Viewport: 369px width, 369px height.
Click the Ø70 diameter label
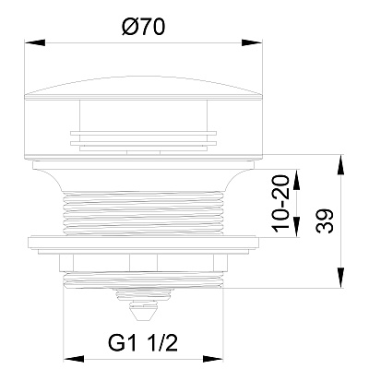(x=143, y=28)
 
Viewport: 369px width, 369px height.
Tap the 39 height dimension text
(x=325, y=221)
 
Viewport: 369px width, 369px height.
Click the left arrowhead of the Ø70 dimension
(x=35, y=42)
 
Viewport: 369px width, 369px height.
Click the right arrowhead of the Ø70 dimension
(x=252, y=42)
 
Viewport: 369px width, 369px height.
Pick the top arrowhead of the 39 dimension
(x=340, y=166)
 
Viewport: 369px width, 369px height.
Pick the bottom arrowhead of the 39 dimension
(x=340, y=278)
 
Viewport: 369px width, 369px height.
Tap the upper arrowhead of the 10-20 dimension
(x=297, y=180)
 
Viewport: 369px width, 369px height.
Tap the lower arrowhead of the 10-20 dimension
(x=297, y=227)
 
